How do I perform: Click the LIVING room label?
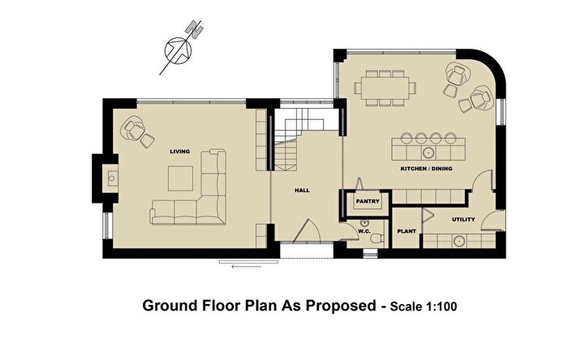point(179,152)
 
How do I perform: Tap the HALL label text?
point(302,190)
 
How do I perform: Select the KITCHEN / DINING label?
point(426,169)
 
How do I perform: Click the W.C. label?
point(364,231)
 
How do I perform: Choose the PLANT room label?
point(406,231)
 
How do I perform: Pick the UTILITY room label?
point(463,220)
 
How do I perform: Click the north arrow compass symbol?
point(179,49)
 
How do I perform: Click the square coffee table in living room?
point(180,178)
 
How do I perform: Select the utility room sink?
point(459,240)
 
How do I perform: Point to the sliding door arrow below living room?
point(244,264)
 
